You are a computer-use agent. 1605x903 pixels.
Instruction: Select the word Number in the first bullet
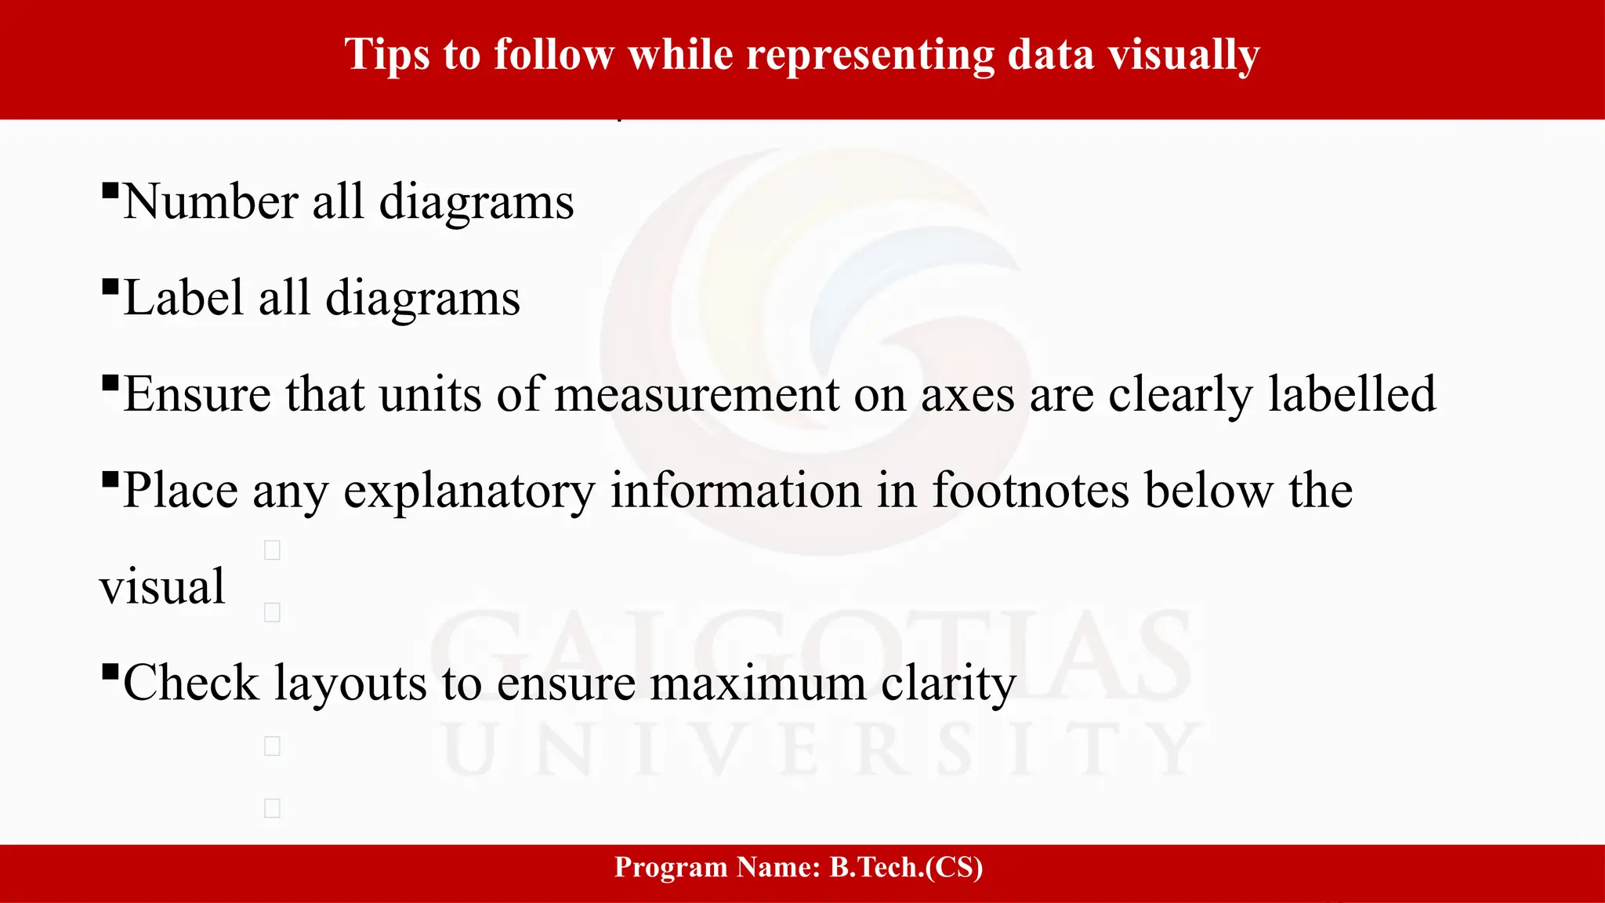pyautogui.click(x=210, y=202)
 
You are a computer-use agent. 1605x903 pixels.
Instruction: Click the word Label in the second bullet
pyautogui.click(x=183, y=299)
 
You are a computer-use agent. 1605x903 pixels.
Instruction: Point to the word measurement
pyautogui.click(x=697, y=394)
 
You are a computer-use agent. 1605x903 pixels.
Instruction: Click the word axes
pyautogui.click(x=967, y=394)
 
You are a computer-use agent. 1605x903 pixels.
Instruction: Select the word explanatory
pyautogui.click(x=469, y=491)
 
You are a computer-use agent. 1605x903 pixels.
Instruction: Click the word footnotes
pyautogui.click(x=1031, y=491)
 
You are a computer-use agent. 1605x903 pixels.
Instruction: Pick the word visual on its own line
pyautogui.click(x=162, y=587)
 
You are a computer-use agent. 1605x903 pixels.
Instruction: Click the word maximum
pyautogui.click(x=758, y=683)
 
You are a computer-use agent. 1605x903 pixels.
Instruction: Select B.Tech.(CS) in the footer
pyautogui.click(x=906, y=867)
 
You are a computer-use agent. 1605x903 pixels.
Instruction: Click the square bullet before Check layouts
pyautogui.click(x=111, y=673)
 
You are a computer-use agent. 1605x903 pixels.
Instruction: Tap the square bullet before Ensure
pyautogui.click(x=111, y=384)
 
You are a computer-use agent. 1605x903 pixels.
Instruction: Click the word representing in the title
pyautogui.click(x=870, y=55)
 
